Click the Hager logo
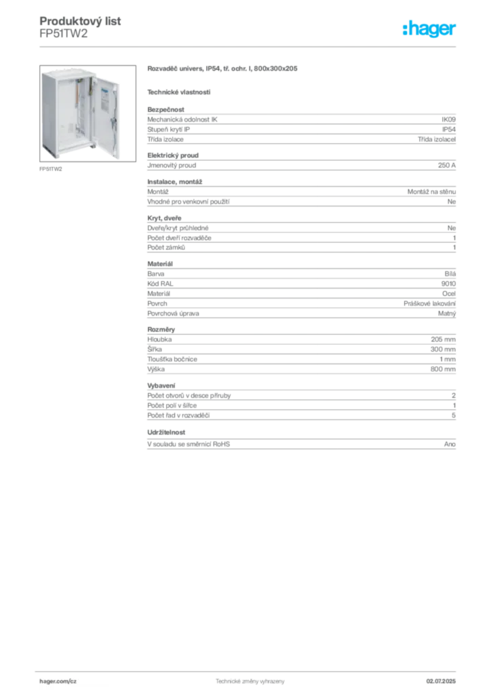[429, 29]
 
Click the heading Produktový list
[80, 21]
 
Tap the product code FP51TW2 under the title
[63, 34]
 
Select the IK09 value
[448, 119]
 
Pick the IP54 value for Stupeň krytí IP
[449, 130]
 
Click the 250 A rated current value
[447, 165]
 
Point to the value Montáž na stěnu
[431, 191]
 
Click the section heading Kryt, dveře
[164, 218]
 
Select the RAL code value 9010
[448, 284]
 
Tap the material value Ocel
[449, 293]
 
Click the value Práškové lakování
[429, 303]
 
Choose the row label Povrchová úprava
[173, 314]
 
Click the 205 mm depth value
[443, 339]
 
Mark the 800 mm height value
[443, 369]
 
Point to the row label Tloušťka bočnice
[172, 359]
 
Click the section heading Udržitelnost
[166, 432]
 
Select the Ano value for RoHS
[450, 444]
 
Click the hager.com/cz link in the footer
[58, 681]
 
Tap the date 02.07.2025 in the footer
[441, 681]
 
